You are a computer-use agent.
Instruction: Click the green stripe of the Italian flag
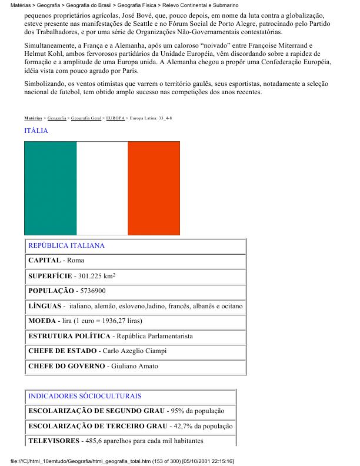51,188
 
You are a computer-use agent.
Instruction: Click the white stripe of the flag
102,188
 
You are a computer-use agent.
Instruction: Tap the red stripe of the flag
154,188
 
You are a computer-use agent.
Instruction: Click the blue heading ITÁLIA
36,131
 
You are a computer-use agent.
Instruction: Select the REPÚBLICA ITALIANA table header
66,245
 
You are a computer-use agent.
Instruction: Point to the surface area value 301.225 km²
94,275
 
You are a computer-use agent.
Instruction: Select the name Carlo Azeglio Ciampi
134,351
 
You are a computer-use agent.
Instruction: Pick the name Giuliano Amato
132,367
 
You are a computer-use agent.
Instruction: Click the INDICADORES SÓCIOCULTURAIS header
85,396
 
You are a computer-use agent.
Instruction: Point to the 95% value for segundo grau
178,411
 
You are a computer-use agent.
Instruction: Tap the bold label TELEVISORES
52,441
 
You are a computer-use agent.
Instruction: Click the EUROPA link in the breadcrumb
115,118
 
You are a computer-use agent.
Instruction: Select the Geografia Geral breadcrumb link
85,118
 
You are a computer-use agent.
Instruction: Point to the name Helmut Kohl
43,54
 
